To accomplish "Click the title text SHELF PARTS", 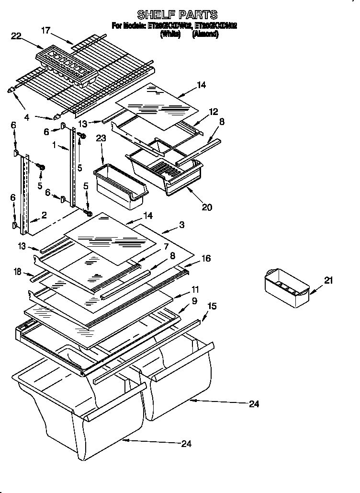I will coord(178,15).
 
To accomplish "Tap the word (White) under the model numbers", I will coord(170,34).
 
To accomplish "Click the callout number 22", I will coord(16,35).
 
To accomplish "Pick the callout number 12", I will coord(213,112).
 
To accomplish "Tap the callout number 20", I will coord(207,207).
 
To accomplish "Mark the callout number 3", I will coord(182,224).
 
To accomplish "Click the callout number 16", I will coord(206,258).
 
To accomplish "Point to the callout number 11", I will coord(195,290).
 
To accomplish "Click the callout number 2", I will coord(44,215).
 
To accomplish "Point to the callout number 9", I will coord(194,301).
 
